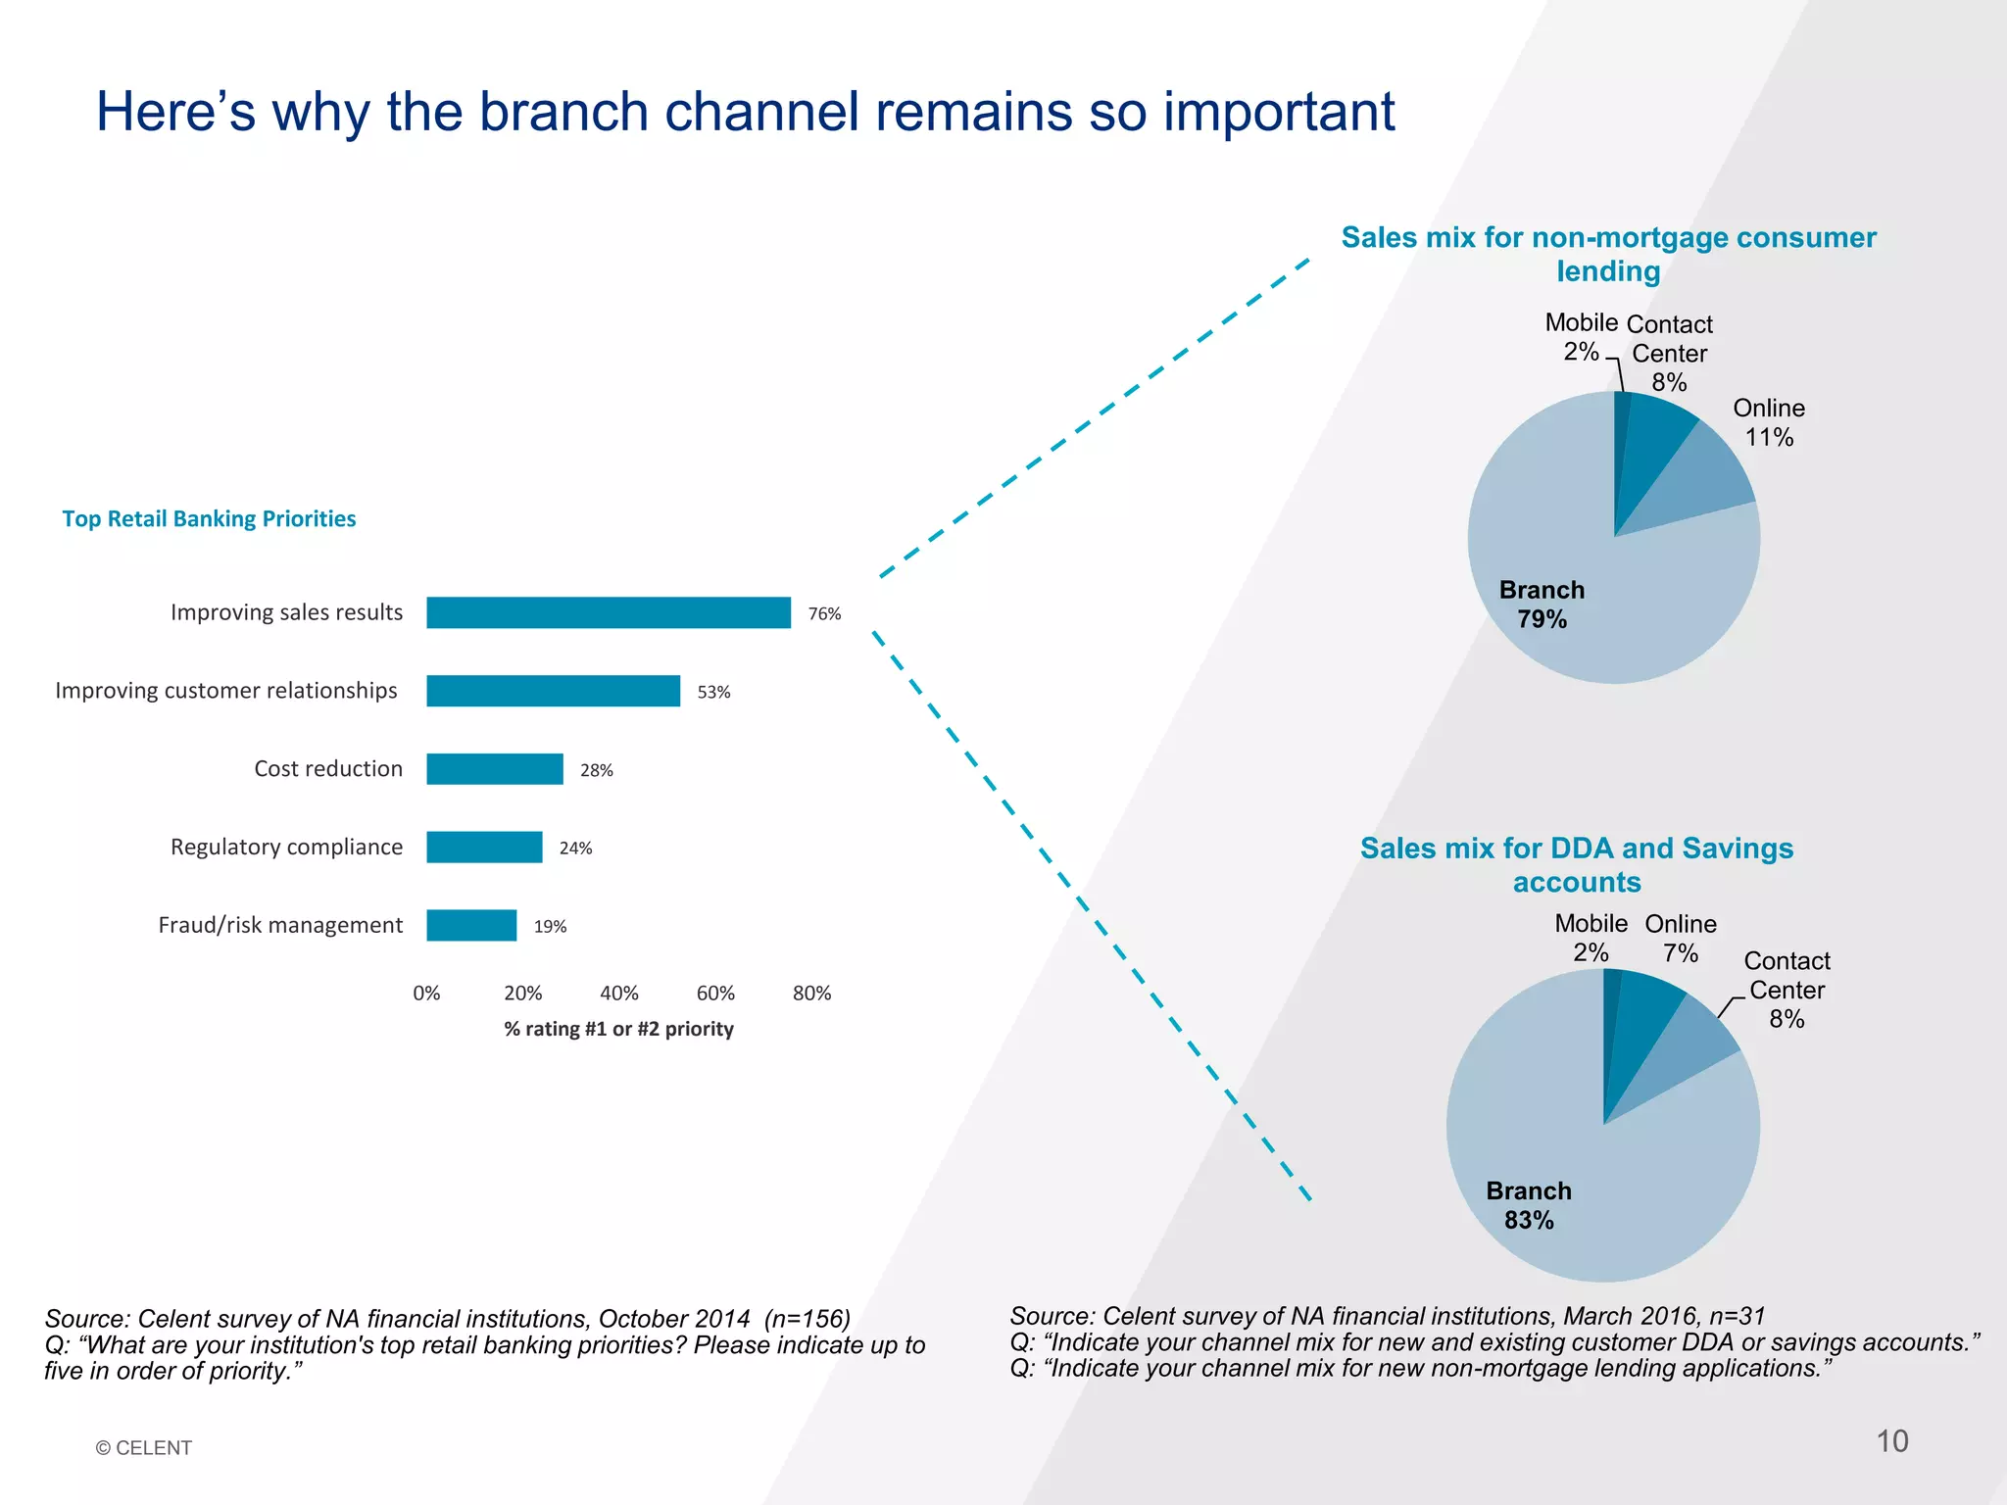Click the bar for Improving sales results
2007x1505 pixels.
coord(608,612)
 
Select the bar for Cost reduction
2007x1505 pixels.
coord(495,769)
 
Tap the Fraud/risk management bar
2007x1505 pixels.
coord(471,926)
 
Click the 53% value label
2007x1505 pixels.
coord(713,692)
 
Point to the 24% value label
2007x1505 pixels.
coord(575,849)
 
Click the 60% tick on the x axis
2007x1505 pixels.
coord(715,994)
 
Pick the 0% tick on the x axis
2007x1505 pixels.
coord(426,994)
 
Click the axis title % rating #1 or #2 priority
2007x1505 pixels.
coord(618,1029)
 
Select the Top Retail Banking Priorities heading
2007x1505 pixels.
coord(209,518)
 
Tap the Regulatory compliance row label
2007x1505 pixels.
coord(286,847)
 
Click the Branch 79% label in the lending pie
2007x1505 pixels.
coord(1542,605)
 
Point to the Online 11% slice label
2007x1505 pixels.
coord(1769,422)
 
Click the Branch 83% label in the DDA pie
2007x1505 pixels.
coord(1529,1205)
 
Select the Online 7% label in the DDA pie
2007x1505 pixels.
coord(1681,938)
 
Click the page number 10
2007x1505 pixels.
coord(1892,1441)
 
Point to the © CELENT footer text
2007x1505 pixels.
coord(143,1448)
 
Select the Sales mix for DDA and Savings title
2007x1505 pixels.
coord(1577,864)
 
